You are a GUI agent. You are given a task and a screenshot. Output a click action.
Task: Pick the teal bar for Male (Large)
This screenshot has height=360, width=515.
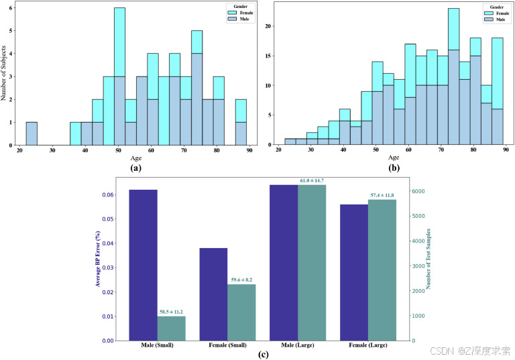(312, 262)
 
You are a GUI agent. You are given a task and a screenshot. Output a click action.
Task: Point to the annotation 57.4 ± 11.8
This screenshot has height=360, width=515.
(383, 195)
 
